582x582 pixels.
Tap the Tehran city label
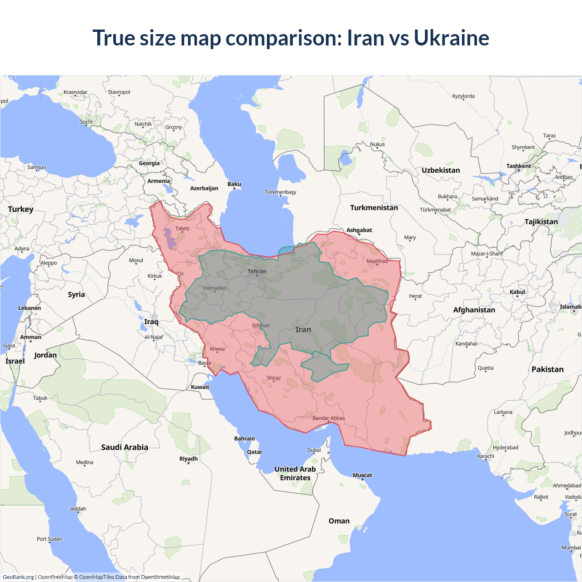[x=257, y=271]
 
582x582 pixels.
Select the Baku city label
[x=234, y=184]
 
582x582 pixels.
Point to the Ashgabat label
[x=359, y=230]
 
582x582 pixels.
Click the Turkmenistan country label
[x=374, y=208]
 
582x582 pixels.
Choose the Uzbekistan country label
[x=441, y=171]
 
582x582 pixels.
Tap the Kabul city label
[x=517, y=292]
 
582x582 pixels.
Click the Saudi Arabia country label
[x=125, y=447]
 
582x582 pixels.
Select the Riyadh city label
[x=189, y=459]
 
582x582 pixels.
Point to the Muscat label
[x=362, y=475]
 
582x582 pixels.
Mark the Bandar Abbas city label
[x=329, y=418]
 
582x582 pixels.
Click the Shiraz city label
[x=274, y=378]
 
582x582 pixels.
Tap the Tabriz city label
[x=182, y=229]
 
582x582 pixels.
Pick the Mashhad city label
[x=377, y=261]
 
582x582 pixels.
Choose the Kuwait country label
[x=200, y=387]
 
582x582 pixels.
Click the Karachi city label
[x=486, y=456]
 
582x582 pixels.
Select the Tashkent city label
[x=519, y=166]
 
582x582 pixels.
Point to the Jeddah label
[x=78, y=509]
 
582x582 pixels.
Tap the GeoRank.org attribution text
[x=18, y=577]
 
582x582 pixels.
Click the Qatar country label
[x=255, y=452]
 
